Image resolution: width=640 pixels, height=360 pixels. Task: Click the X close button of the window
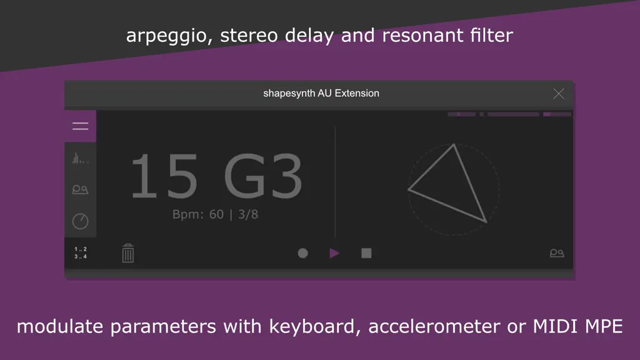coord(558,94)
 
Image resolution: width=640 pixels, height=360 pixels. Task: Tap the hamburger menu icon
coord(81,126)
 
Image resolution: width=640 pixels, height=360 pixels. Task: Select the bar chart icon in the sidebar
coord(81,158)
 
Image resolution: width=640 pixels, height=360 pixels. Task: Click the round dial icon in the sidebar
coord(81,221)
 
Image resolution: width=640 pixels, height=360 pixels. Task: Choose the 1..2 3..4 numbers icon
coord(81,252)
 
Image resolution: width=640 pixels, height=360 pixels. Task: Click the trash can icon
coord(127,253)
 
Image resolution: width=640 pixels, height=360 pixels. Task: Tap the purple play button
coord(334,254)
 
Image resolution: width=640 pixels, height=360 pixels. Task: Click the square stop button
coord(366,254)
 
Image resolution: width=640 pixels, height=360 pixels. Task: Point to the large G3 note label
coord(263,176)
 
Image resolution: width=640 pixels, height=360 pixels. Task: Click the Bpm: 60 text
coord(198,214)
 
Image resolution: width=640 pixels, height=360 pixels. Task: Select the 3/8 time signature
coord(248,214)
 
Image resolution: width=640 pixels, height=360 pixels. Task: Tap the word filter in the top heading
coord(491,35)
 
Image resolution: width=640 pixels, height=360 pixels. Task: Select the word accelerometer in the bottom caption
coord(434,326)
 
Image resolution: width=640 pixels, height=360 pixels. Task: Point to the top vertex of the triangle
coord(454,144)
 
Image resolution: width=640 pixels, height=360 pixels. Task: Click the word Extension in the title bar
coord(357,94)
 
